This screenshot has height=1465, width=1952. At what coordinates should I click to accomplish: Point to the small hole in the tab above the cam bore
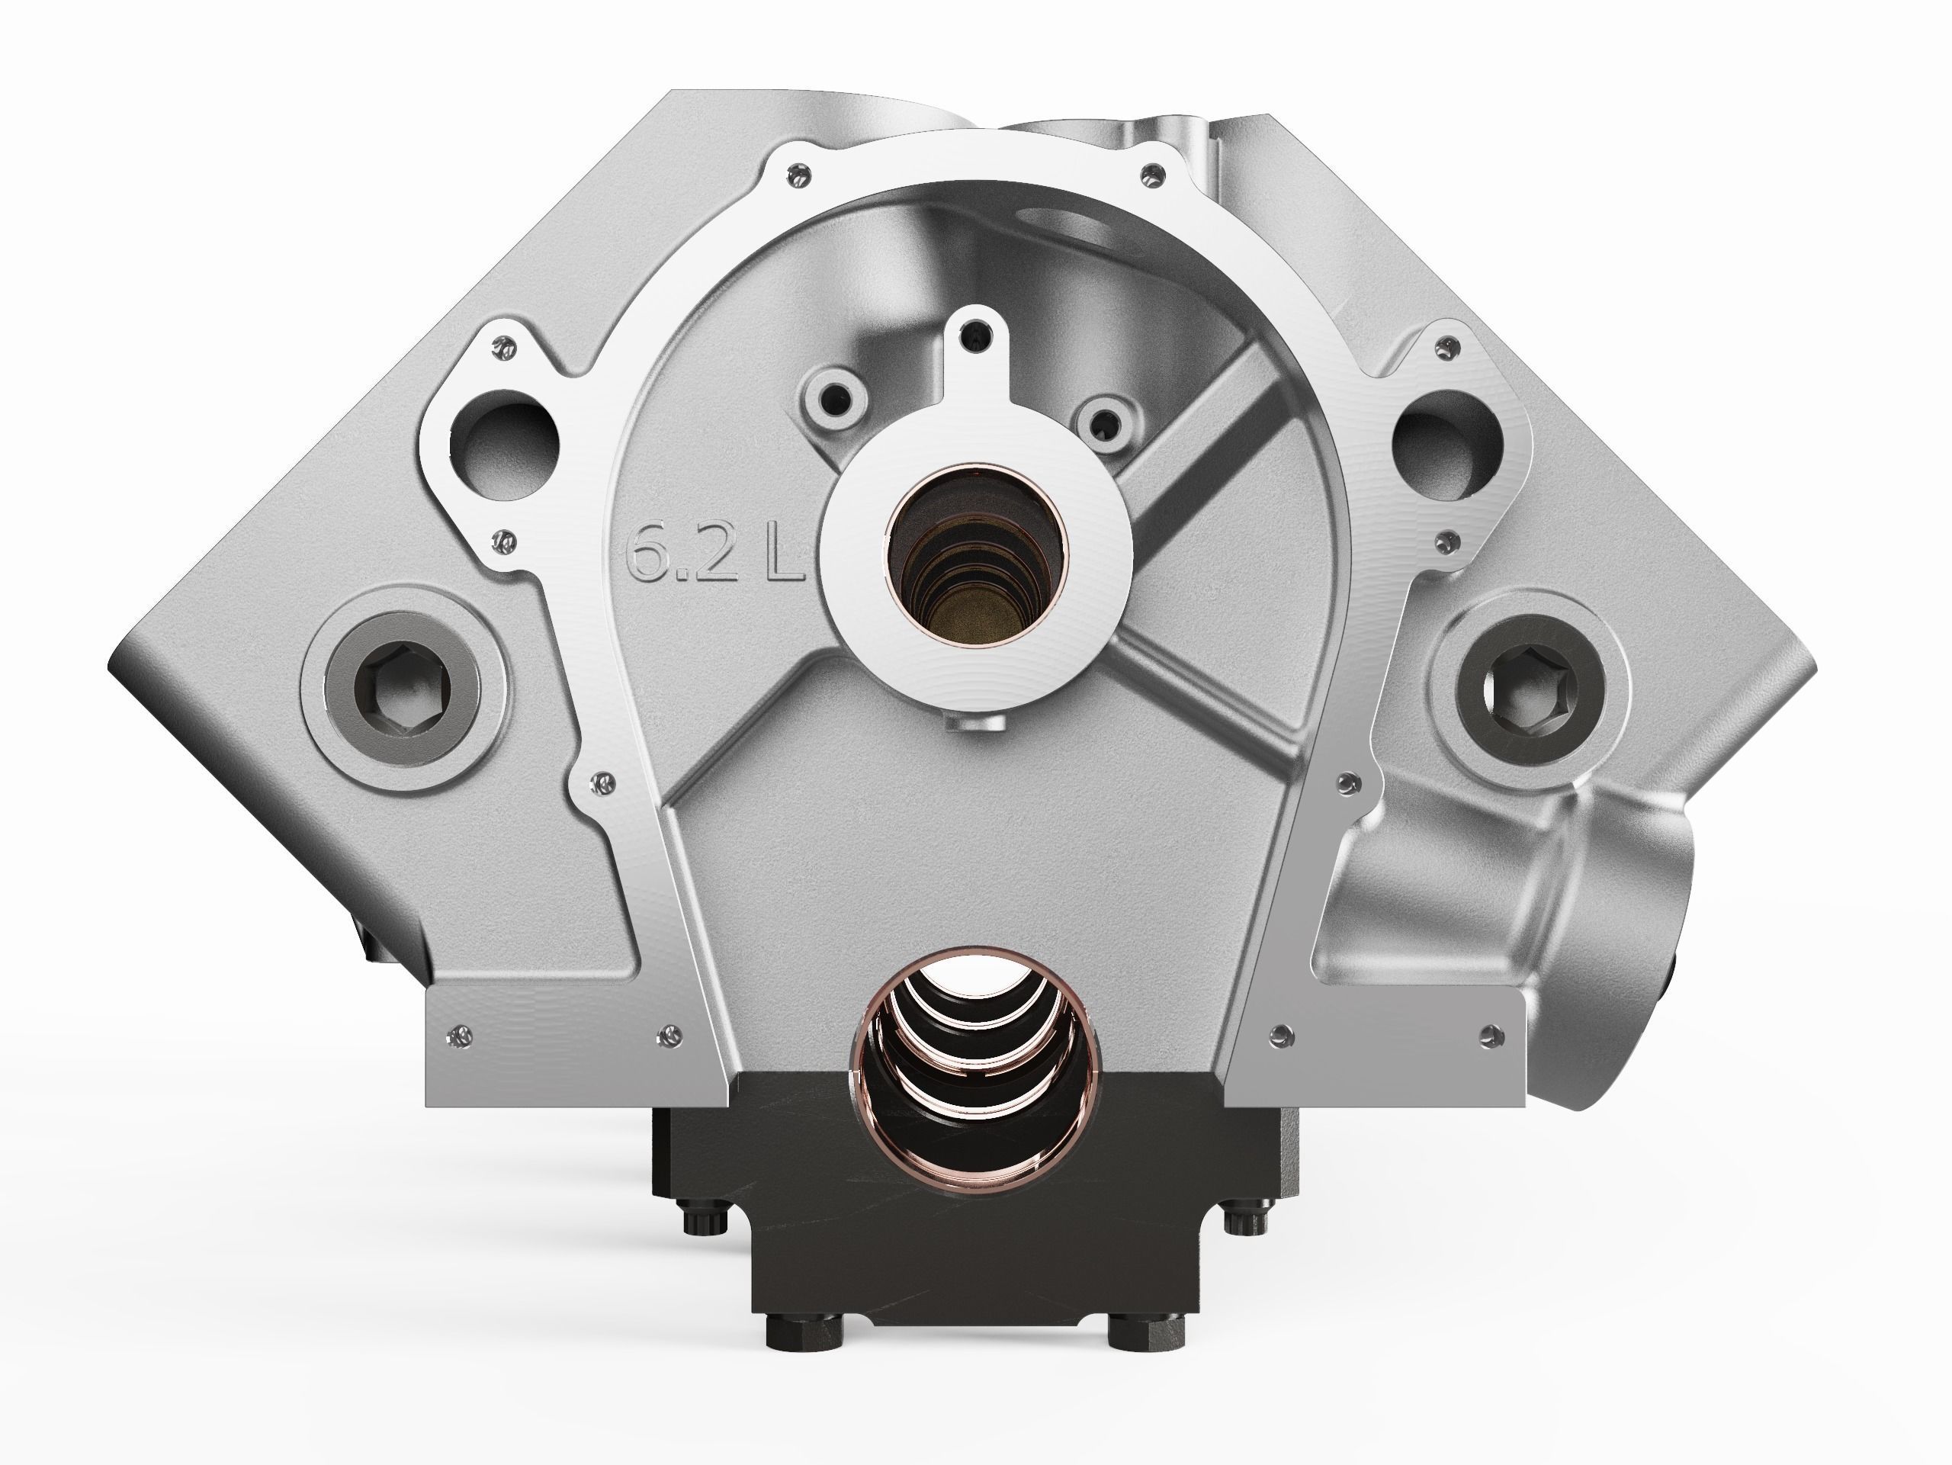(976, 330)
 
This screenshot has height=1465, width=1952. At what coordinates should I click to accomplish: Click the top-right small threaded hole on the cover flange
(1150, 175)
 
